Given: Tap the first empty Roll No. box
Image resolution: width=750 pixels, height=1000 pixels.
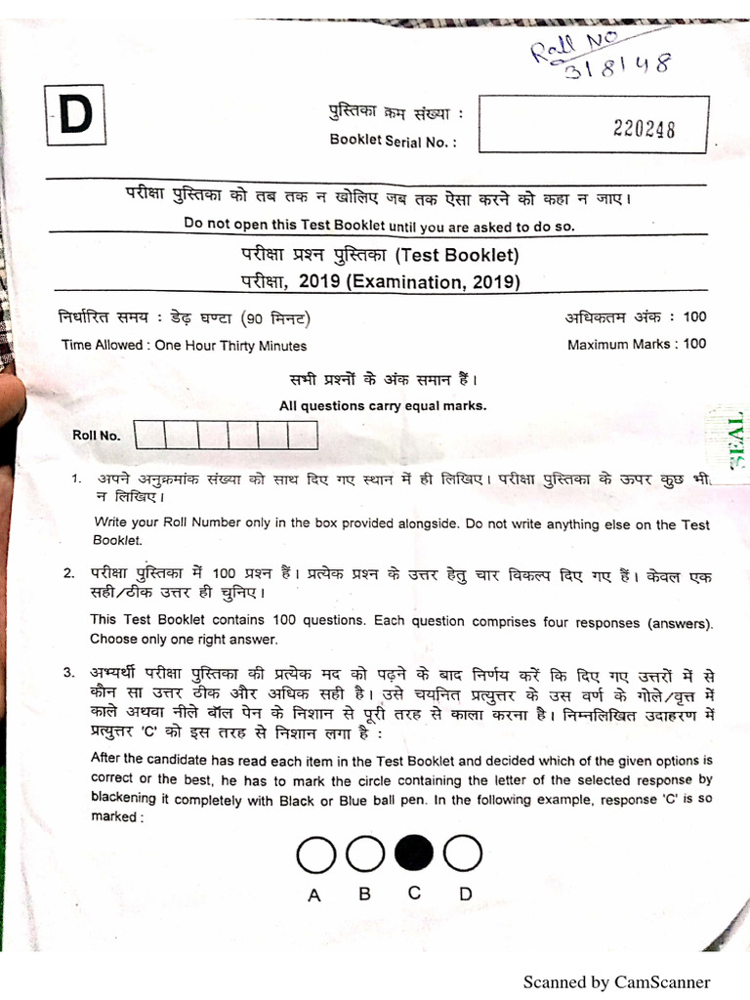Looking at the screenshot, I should pos(150,435).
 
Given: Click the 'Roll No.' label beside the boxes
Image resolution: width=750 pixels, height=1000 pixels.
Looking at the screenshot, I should pos(97,436).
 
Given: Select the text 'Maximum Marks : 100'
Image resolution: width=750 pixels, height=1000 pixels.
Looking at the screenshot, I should pos(637,344).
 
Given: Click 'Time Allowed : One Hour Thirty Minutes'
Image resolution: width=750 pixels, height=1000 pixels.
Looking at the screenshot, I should pos(184,346).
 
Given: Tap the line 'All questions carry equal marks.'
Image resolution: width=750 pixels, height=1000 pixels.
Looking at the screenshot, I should pos(383,406).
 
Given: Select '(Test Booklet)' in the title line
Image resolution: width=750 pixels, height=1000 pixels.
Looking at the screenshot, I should pos(457,257).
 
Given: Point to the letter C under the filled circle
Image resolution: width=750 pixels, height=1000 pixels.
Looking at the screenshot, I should pos(414,893).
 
